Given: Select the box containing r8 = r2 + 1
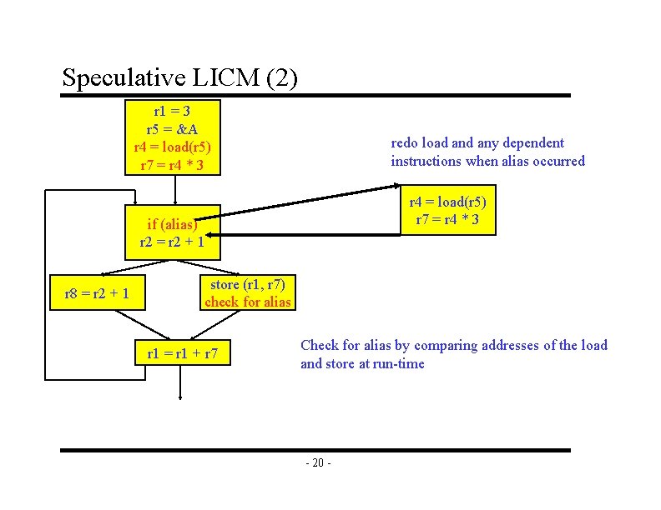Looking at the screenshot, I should point(96,293).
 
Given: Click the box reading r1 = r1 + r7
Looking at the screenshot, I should point(181,353).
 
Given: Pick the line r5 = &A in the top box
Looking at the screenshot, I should point(172,129).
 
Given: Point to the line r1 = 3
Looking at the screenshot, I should point(172,111).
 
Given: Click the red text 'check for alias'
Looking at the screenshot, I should point(248,302).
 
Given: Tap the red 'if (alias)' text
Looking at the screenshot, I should point(172,224).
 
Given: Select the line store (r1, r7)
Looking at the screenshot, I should point(248,284).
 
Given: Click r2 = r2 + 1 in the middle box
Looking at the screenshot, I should point(172,242).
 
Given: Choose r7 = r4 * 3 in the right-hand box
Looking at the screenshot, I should point(447,219).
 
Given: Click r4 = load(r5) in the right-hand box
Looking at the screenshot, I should point(447,202).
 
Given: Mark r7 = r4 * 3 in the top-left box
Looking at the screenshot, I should point(172,165).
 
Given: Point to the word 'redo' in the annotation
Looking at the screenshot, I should point(405,143).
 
